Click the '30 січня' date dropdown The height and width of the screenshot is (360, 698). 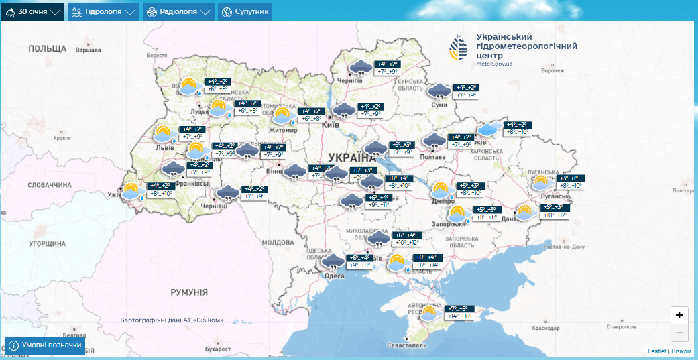33,12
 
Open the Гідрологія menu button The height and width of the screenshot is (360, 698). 103,12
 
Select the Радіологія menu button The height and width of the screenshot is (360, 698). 178,12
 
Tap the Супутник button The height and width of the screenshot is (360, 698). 245,12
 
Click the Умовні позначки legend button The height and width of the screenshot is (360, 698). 46,345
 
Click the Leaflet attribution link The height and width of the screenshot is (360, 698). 656,351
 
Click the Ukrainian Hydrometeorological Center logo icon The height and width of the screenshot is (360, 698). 460,47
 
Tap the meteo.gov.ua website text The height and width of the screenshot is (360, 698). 494,64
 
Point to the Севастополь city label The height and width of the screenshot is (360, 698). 406,345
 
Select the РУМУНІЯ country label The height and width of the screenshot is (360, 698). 188,292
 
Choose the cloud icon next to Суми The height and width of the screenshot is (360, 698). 440,92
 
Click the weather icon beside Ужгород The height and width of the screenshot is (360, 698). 132,192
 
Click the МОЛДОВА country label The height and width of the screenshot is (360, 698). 278,242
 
